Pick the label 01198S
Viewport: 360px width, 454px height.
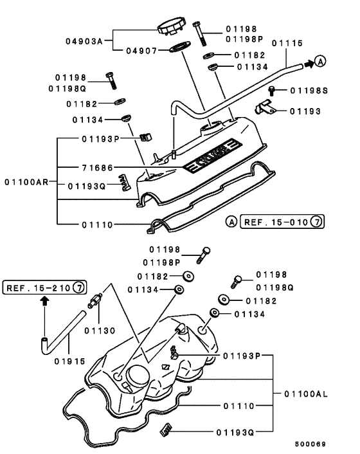point(309,91)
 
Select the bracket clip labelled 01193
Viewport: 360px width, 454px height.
point(265,109)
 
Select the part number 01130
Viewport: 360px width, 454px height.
point(100,331)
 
